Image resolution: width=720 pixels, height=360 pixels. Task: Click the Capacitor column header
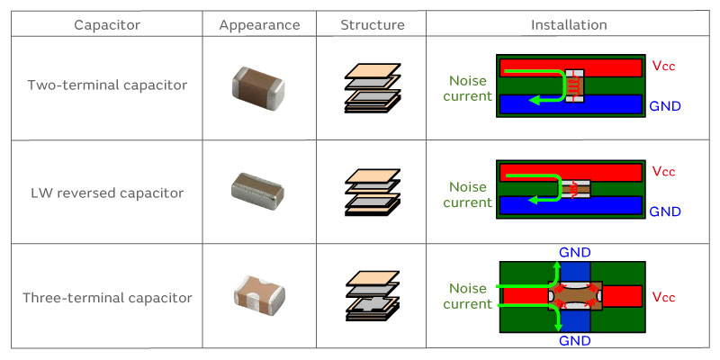pyautogui.click(x=106, y=24)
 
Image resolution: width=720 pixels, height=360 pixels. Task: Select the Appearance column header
pyautogui.click(x=259, y=24)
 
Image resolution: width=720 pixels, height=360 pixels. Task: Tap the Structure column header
pyautogui.click(x=373, y=24)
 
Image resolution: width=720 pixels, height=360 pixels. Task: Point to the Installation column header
pyautogui.click(x=569, y=24)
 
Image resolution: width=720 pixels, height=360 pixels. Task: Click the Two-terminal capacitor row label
pyautogui.click(x=107, y=85)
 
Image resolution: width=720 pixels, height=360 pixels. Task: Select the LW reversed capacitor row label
pyautogui.click(x=107, y=193)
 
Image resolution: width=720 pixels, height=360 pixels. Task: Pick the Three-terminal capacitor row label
pyautogui.click(x=107, y=297)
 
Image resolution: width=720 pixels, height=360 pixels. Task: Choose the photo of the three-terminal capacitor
pyautogui.click(x=259, y=296)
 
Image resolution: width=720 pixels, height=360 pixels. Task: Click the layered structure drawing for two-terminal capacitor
pyautogui.click(x=373, y=87)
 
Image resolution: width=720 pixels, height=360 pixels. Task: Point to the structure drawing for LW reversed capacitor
pyautogui.click(x=373, y=192)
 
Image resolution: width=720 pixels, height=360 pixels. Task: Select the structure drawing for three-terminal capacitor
pyautogui.click(x=373, y=295)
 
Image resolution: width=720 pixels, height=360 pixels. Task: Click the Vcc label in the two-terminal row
pyautogui.click(x=663, y=66)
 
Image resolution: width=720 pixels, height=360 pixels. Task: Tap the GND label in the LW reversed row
pyautogui.click(x=665, y=211)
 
